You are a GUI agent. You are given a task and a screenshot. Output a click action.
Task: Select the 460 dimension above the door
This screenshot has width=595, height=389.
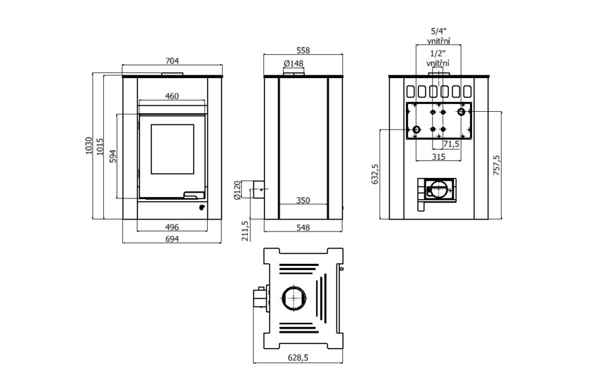pyautogui.click(x=171, y=96)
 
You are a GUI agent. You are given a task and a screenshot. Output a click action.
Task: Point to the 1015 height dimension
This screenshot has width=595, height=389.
pyautogui.click(x=100, y=146)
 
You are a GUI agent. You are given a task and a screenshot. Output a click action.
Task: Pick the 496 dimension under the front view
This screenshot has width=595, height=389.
pyautogui.click(x=171, y=227)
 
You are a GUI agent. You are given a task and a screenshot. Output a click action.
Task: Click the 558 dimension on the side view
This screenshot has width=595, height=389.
pyautogui.click(x=303, y=50)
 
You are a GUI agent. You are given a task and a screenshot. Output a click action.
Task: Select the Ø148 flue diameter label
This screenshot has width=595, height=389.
pyautogui.click(x=293, y=64)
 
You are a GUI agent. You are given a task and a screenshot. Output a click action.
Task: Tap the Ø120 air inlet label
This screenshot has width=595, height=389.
pyautogui.click(x=236, y=190)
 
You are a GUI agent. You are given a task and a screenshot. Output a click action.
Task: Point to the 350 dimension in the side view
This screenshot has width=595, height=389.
pyautogui.click(x=303, y=200)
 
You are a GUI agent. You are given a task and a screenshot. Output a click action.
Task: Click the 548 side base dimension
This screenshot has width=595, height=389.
pyautogui.click(x=303, y=228)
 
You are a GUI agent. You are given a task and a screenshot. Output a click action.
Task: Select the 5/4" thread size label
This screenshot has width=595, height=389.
pyautogui.click(x=438, y=30)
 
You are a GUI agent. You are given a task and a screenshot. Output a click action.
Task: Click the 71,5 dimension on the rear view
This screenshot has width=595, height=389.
pyautogui.click(x=452, y=144)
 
